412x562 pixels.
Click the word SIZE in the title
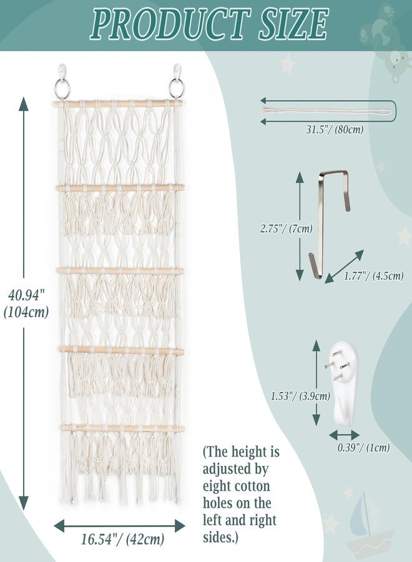293,24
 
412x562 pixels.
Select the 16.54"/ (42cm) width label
122,539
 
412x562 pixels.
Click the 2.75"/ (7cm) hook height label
287,229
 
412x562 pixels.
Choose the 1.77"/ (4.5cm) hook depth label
374,275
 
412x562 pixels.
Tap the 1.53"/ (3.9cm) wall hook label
300,396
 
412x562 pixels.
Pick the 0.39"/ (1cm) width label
363,447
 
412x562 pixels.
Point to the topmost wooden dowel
117,104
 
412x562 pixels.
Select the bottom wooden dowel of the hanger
123,428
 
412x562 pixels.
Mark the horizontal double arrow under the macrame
120,525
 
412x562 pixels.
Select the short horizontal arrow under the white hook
345,435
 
